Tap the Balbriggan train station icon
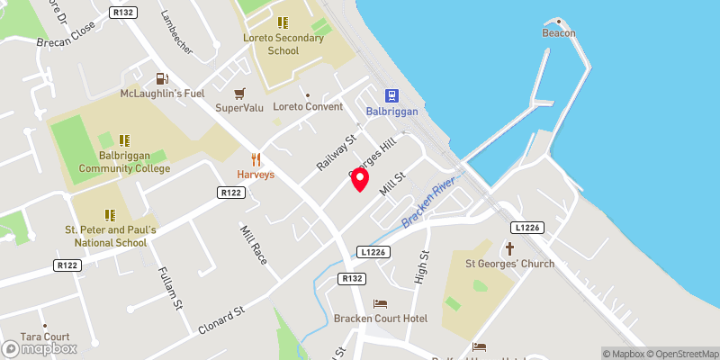(392, 95)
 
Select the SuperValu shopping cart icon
(239, 94)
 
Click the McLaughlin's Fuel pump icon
(161, 79)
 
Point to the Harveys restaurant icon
(256, 159)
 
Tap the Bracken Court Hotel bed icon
(380, 304)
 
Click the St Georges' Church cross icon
(509, 248)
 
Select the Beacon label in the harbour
(558, 33)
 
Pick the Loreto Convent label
(308, 106)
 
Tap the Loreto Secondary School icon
(283, 22)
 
